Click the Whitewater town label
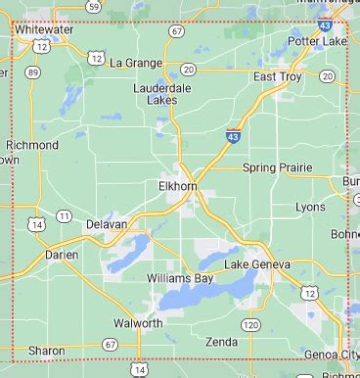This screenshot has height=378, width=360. click(x=44, y=30)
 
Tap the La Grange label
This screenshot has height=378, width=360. click(x=136, y=63)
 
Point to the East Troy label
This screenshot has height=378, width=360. click(x=277, y=77)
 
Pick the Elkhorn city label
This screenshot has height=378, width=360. click(x=177, y=186)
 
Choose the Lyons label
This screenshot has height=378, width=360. click(x=310, y=207)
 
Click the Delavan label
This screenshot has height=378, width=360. click(x=106, y=224)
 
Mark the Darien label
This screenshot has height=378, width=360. click(x=61, y=255)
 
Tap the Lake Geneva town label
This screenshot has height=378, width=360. click(x=256, y=265)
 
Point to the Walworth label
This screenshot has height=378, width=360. click(x=138, y=323)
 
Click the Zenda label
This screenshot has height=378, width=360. click(x=221, y=342)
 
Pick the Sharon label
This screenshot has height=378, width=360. click(x=46, y=351)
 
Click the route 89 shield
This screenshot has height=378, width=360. click(x=32, y=73)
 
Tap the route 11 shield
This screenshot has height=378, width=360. click(x=63, y=217)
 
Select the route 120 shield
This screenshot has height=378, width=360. click(x=250, y=326)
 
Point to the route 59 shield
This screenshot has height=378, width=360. click(x=93, y=7)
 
